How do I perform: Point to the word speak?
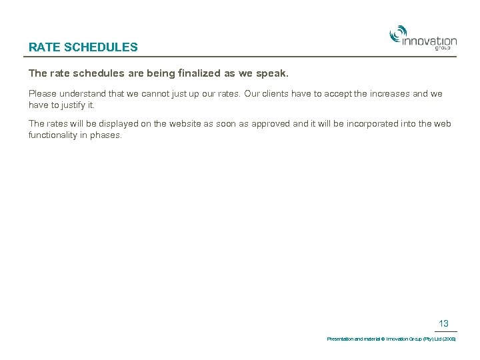(271, 72)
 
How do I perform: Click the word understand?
(87, 94)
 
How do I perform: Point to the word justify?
(75, 105)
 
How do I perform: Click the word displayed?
(107, 124)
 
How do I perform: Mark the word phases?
(107, 135)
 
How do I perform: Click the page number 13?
(443, 324)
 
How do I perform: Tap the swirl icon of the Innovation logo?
(398, 33)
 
